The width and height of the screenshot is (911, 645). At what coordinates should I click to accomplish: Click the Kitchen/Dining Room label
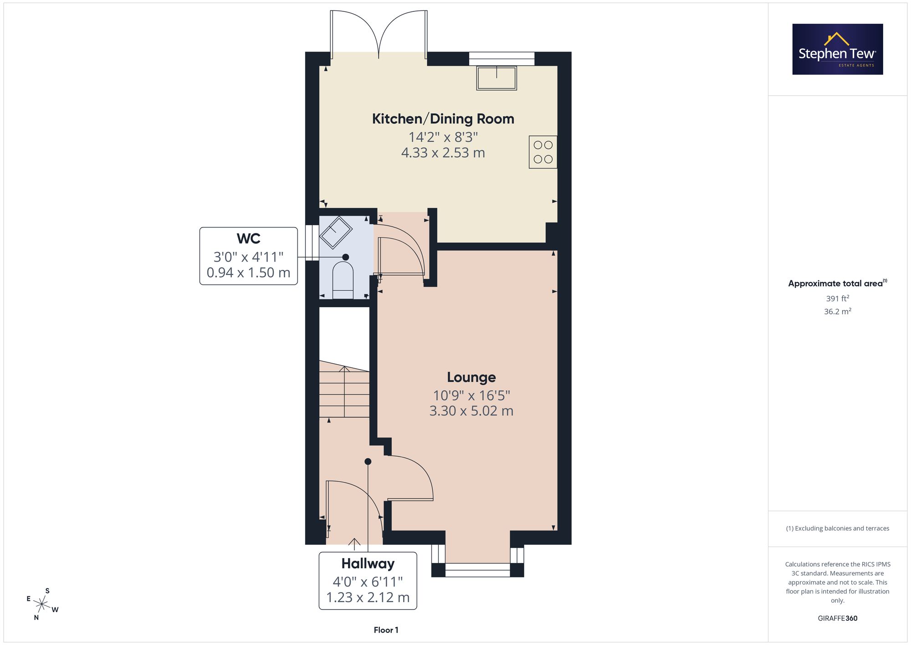point(443,119)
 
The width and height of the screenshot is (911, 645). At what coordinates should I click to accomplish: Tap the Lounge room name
point(471,377)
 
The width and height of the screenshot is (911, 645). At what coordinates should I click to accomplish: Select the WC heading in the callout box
point(248,238)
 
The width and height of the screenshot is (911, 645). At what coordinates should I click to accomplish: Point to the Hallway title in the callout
point(368,564)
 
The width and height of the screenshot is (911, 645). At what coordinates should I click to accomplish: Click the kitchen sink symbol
point(496,78)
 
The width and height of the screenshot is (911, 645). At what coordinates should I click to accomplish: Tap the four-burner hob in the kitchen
point(543,152)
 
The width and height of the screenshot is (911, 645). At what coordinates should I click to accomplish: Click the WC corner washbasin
point(336,233)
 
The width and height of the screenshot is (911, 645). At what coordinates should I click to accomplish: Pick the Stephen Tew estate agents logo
point(838,49)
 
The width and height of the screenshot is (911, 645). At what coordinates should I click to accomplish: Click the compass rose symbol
point(42,604)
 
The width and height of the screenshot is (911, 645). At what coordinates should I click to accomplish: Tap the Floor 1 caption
point(386,630)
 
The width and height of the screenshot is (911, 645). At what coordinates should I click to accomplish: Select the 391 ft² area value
point(838,299)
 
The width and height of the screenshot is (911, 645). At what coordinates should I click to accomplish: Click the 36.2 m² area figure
point(838,312)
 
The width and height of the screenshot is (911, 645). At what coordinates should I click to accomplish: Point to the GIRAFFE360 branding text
point(838,619)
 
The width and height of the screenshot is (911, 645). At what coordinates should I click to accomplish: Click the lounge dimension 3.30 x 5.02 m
point(471,411)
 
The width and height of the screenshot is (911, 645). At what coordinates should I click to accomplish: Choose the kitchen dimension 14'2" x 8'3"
point(443,137)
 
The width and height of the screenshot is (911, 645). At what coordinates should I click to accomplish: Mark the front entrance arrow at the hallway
point(354,542)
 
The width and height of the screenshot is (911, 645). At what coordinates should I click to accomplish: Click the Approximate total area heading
point(838,283)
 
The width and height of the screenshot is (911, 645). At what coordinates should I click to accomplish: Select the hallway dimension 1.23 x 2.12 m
point(368,598)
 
